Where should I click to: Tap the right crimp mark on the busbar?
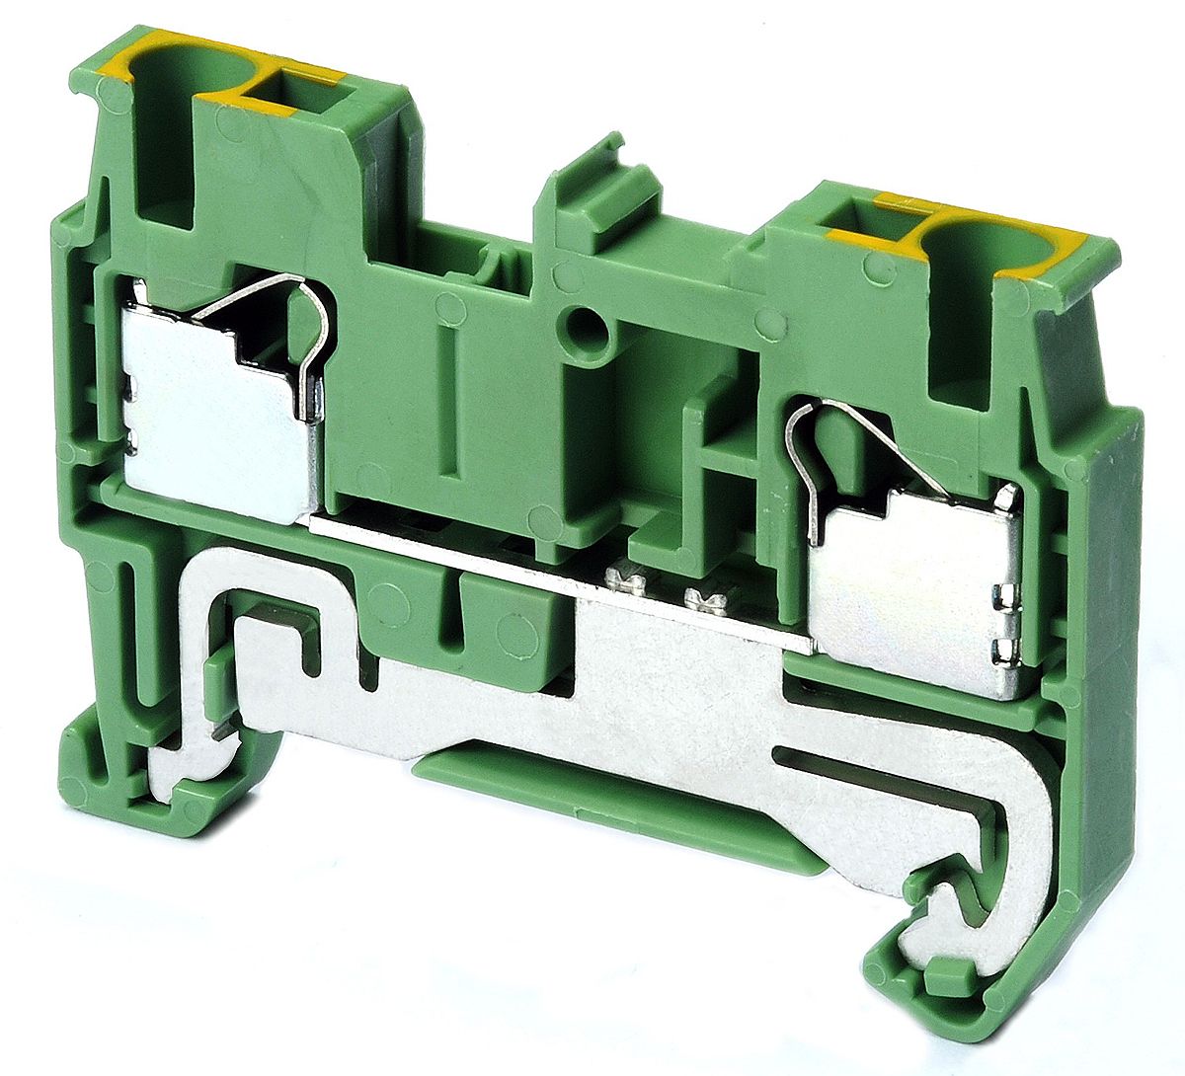click(704, 595)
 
